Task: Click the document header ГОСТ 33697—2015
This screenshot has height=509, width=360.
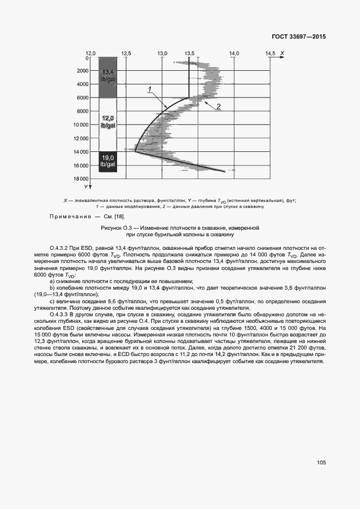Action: pos(302,37)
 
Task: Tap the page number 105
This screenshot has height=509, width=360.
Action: pos(321,462)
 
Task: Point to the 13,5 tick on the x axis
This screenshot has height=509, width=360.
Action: pos(190,53)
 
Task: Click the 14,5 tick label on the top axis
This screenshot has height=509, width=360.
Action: pos(270,53)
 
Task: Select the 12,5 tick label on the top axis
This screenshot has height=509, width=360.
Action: pos(126,53)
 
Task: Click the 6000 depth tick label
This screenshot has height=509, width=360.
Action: pos(82,98)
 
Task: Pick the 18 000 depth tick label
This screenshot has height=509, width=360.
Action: pos(80,179)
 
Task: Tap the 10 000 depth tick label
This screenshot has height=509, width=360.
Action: pos(80,125)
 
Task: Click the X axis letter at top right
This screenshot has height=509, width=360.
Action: pos(284,53)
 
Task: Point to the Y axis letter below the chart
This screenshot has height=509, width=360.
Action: pos(86,187)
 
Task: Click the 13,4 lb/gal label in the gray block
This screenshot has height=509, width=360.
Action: pos(107,76)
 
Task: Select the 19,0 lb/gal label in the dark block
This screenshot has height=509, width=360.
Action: pos(107,161)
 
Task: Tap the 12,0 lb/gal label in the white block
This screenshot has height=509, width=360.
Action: pos(107,121)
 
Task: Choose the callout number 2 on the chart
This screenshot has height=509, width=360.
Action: pos(218,106)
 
